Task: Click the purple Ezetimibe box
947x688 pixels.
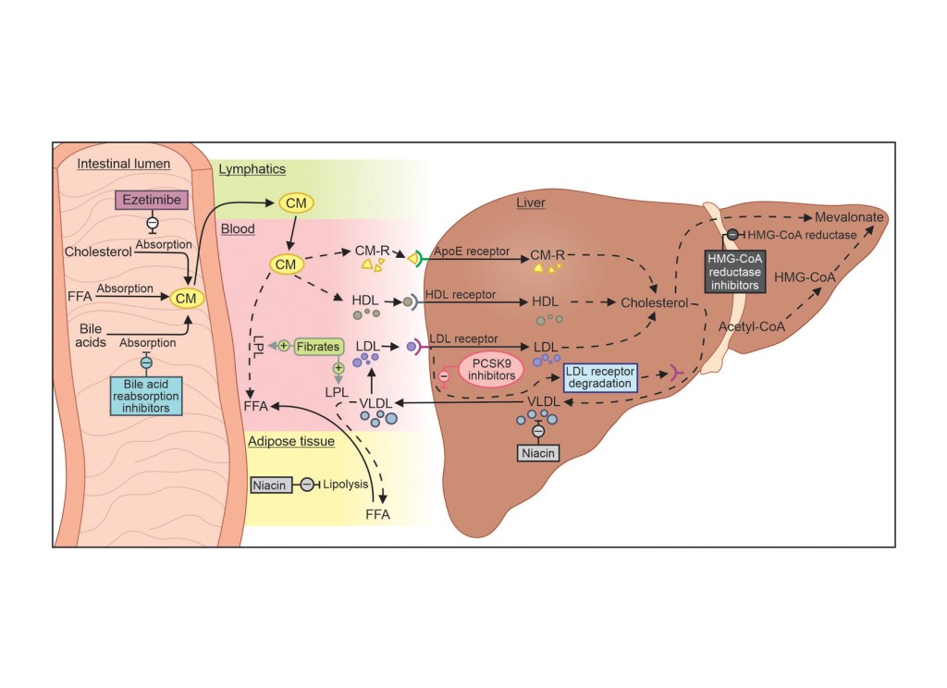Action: pos(153,199)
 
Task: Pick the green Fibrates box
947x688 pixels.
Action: pos(319,347)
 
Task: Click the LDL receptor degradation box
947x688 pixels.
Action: pos(601,375)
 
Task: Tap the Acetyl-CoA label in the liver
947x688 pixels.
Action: pos(749,326)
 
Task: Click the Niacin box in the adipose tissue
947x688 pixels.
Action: pos(271,484)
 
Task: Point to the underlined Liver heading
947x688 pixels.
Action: pos(532,202)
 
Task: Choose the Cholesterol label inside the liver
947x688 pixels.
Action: pos(655,302)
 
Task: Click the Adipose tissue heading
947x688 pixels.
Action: pos(290,441)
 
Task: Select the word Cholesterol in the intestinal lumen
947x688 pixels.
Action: pos(99,251)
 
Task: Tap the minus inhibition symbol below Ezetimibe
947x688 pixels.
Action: pos(153,223)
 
